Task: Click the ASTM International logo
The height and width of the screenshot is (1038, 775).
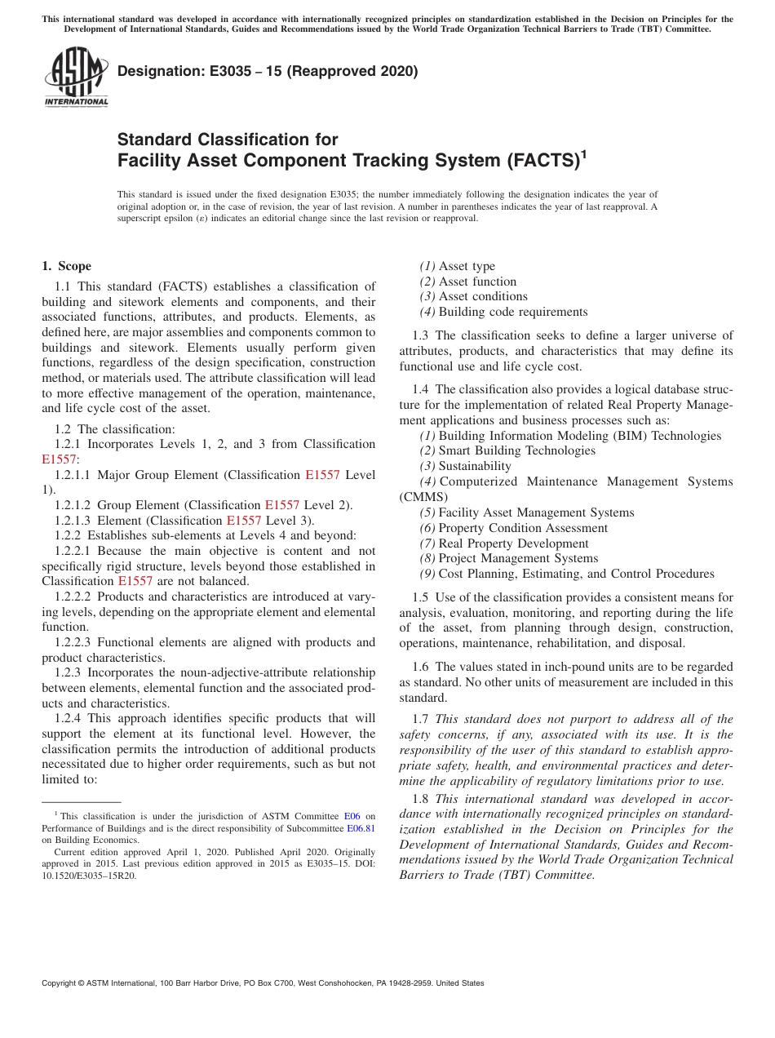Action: point(75,77)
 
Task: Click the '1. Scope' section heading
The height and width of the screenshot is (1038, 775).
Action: point(67,266)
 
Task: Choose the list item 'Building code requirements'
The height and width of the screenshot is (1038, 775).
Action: point(512,312)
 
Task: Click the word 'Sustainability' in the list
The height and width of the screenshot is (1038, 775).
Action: point(475,466)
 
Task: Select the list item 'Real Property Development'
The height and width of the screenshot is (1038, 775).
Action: point(513,543)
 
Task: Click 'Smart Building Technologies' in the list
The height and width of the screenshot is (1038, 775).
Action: point(516,450)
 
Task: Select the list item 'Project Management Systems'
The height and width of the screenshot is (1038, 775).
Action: point(518,558)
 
